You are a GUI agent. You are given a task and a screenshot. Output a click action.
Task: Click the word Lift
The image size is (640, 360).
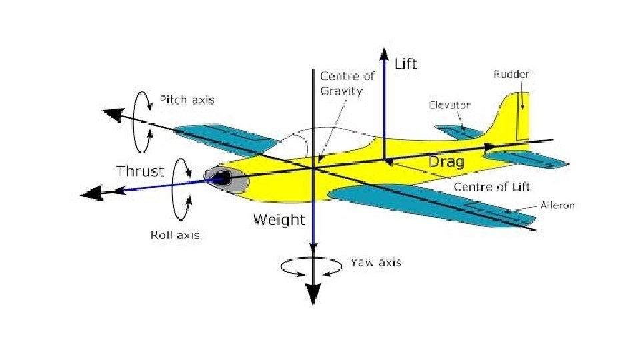406,64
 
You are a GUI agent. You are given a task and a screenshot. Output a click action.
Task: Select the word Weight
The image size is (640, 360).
279,219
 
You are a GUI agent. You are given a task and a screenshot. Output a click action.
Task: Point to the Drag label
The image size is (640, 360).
446,161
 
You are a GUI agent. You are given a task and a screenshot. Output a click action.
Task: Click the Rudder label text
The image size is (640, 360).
512,75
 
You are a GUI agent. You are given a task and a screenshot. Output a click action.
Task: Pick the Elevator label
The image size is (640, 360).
450,105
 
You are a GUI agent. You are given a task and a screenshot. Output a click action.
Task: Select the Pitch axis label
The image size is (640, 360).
187,100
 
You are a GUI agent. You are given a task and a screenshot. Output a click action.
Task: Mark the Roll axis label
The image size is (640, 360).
175,235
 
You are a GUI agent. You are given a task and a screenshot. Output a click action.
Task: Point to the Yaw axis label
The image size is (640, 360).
376,263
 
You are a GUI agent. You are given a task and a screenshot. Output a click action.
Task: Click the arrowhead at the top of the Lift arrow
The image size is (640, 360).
384,53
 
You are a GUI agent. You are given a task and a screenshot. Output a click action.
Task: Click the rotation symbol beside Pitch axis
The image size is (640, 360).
142,121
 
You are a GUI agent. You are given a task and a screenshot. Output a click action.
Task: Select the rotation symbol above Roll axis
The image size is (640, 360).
181,189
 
